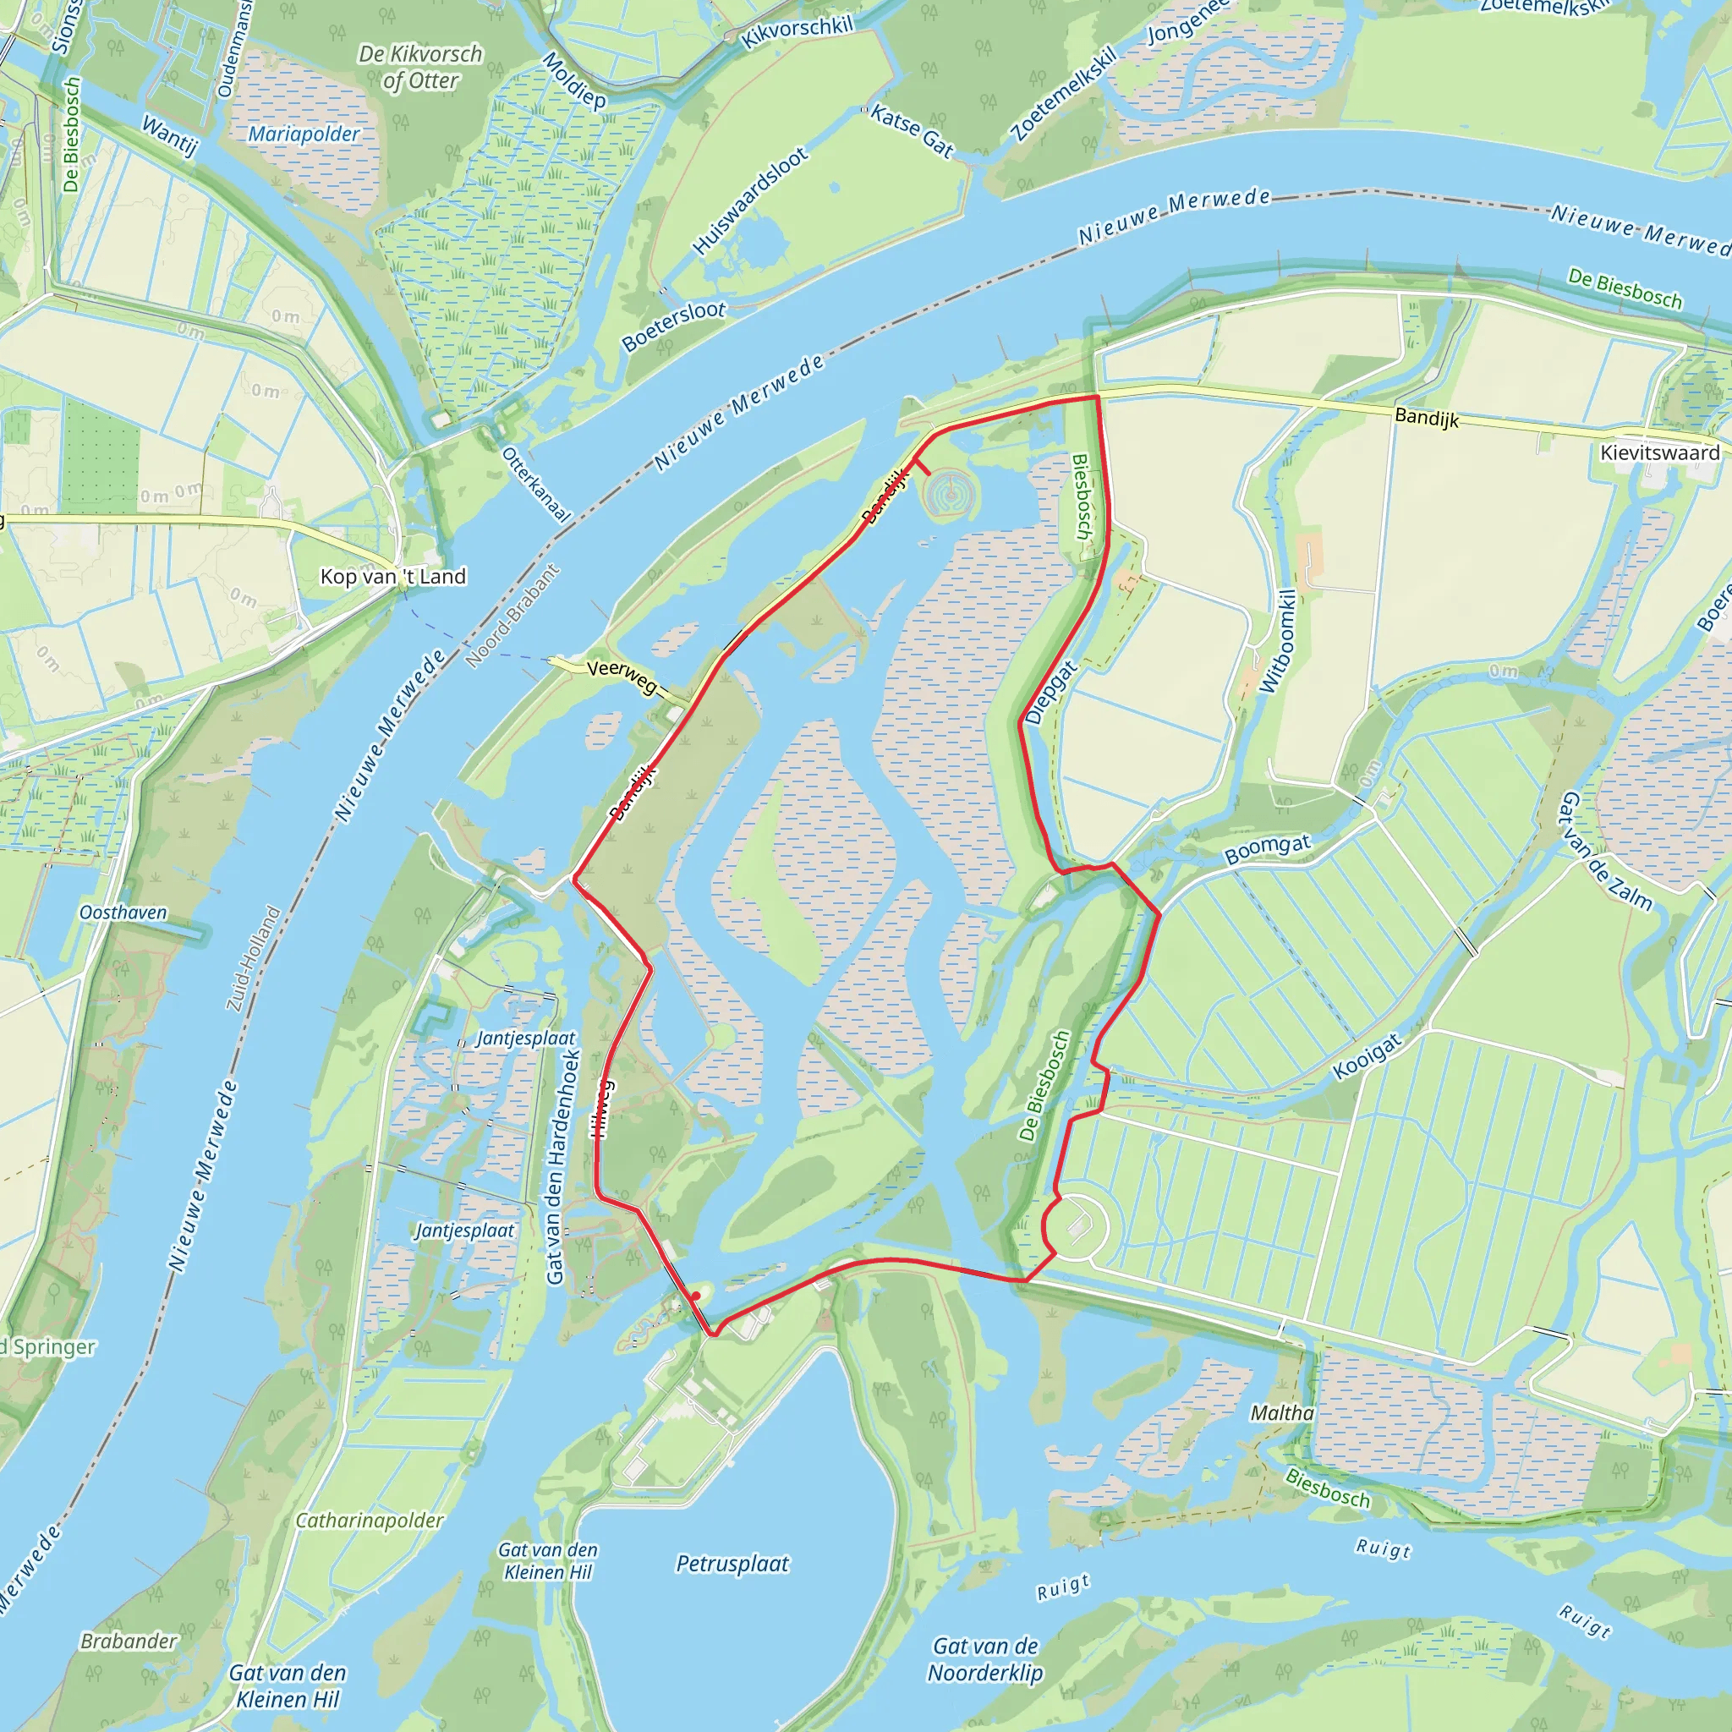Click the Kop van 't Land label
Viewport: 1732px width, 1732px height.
point(392,577)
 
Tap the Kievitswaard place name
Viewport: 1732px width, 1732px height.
point(1659,452)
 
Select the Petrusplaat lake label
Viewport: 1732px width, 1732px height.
point(732,1565)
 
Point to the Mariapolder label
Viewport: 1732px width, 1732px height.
point(303,134)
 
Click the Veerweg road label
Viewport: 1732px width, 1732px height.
point(622,676)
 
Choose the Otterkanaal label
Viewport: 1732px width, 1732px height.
point(535,484)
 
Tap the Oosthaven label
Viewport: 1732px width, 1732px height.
point(123,913)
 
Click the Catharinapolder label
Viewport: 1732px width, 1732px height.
point(370,1521)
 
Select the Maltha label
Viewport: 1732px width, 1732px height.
point(1282,1413)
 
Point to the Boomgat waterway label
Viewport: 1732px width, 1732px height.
point(1267,848)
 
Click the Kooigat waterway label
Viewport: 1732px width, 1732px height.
point(1367,1057)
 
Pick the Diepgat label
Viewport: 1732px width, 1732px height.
point(1050,692)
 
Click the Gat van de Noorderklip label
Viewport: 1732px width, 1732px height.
point(985,1659)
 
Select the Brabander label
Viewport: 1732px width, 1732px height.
point(129,1642)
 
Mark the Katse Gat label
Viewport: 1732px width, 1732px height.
point(912,131)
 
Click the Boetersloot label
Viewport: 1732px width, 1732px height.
point(673,326)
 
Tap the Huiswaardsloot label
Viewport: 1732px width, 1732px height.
point(750,200)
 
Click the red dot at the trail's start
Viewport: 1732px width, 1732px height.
point(696,1296)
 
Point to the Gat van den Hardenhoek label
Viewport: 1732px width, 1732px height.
point(564,1166)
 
